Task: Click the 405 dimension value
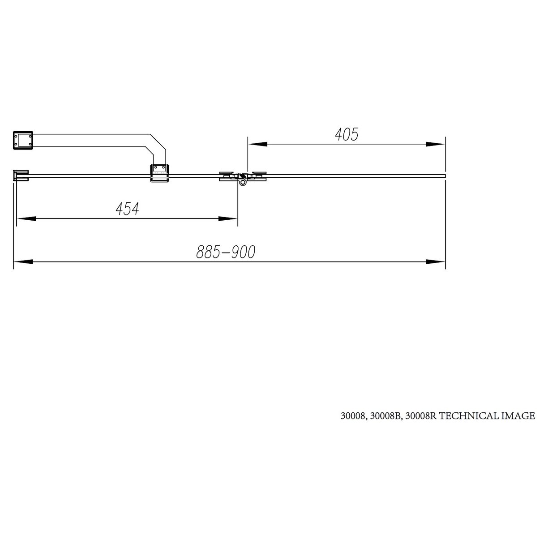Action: (x=347, y=134)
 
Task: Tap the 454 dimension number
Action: (x=127, y=209)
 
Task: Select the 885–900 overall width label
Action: (x=226, y=252)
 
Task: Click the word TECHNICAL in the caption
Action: (x=469, y=416)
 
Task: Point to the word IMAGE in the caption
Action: (x=518, y=416)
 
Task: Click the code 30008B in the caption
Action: (x=385, y=416)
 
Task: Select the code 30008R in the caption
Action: (x=421, y=416)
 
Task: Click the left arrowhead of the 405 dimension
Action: (x=257, y=144)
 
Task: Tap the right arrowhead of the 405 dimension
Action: (x=435, y=144)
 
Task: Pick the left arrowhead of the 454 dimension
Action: (x=26, y=218)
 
